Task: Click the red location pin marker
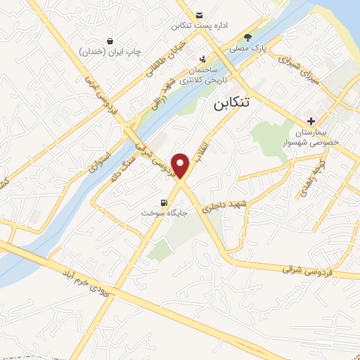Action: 181,165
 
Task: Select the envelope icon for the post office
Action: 200,15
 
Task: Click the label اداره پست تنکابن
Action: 200,26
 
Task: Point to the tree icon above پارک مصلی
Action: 247,37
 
